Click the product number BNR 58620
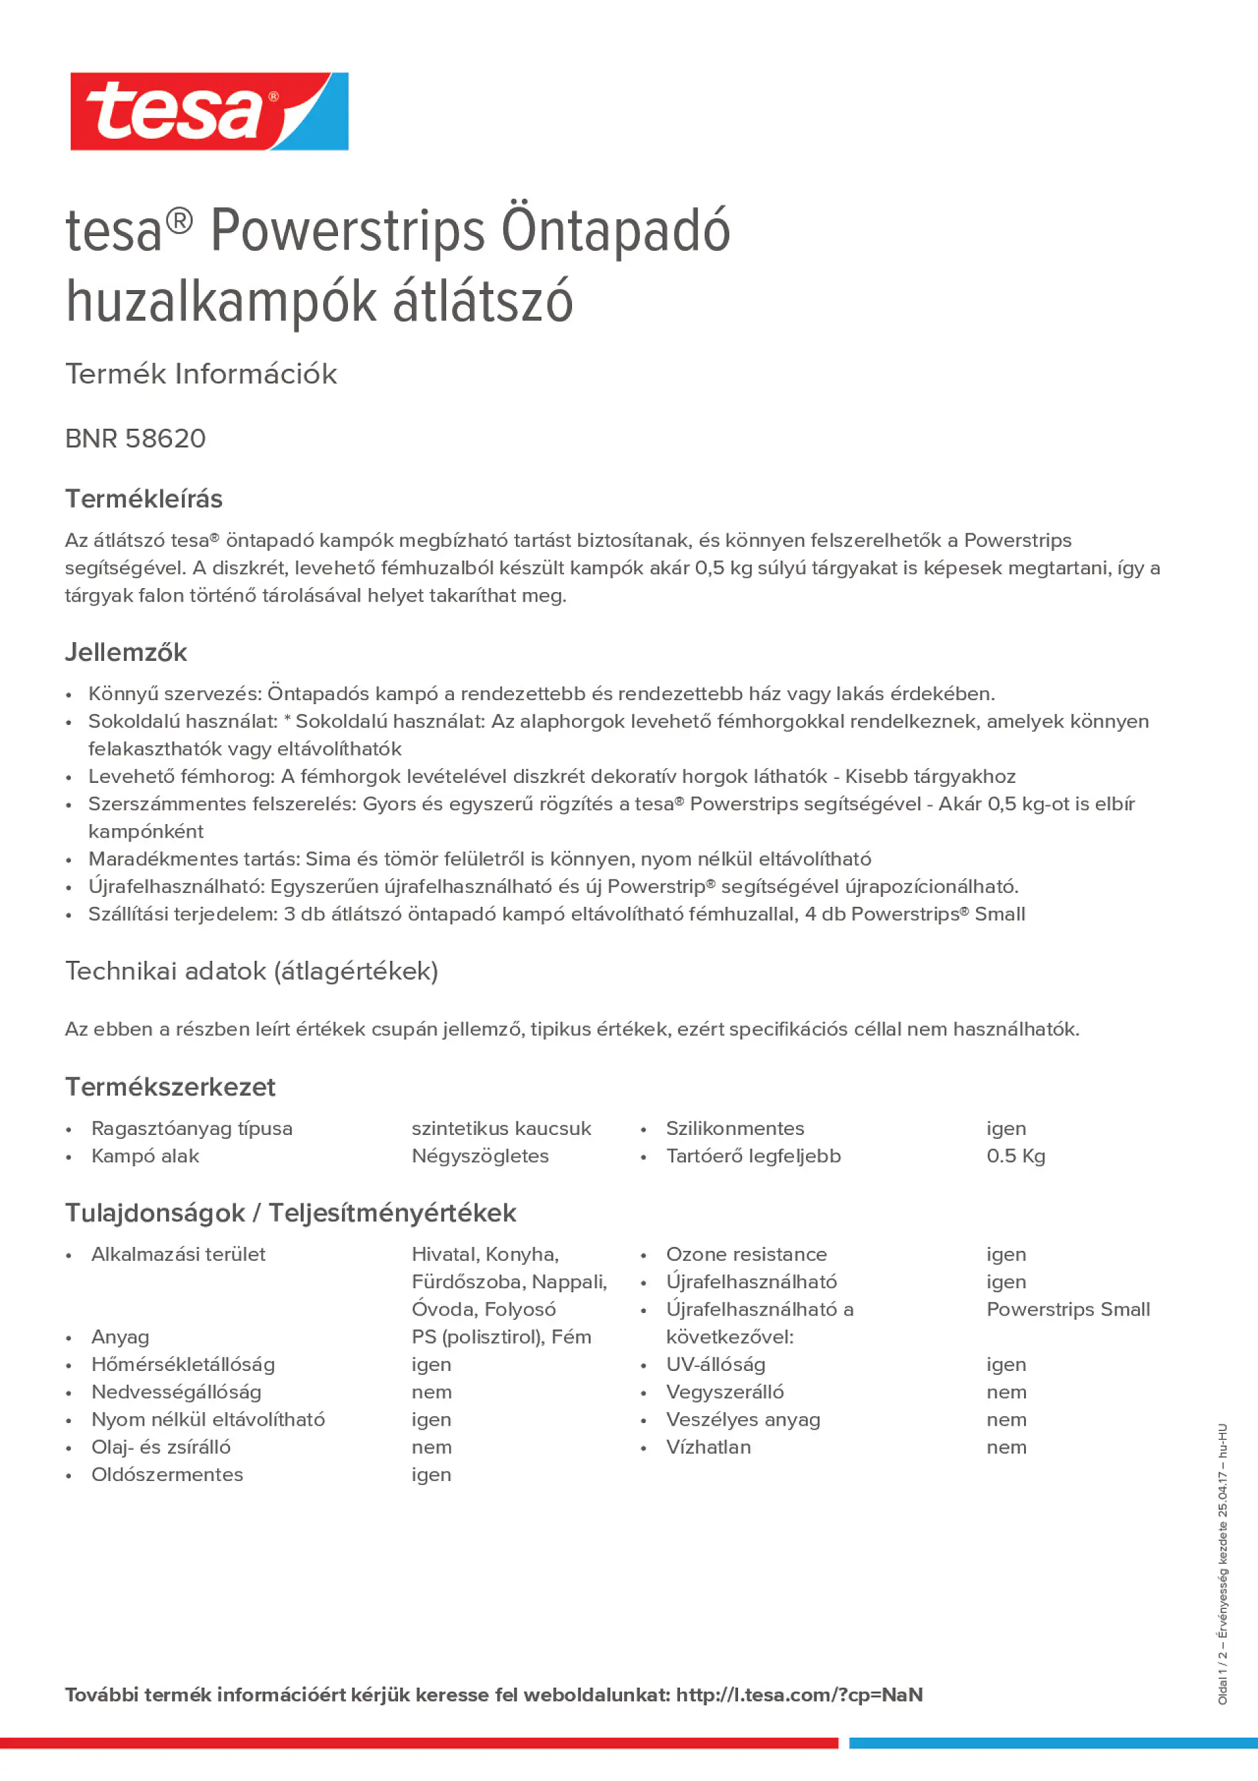[x=136, y=439]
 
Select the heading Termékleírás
[x=143, y=499]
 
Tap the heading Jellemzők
[x=125, y=652]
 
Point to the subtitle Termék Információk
[x=201, y=374]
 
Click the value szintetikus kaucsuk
[x=501, y=1129]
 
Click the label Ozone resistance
[x=746, y=1254]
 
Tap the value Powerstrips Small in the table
[x=1068, y=1310]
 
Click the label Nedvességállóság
[x=176, y=1392]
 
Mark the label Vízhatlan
[x=708, y=1447]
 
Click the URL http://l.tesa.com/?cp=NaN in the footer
[x=799, y=1695]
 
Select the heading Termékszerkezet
[x=170, y=1087]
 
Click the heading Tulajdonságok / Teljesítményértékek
[x=290, y=1213]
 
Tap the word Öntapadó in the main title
[x=616, y=231]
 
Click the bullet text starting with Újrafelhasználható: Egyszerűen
[x=553, y=887]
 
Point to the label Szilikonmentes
[x=735, y=1129]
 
